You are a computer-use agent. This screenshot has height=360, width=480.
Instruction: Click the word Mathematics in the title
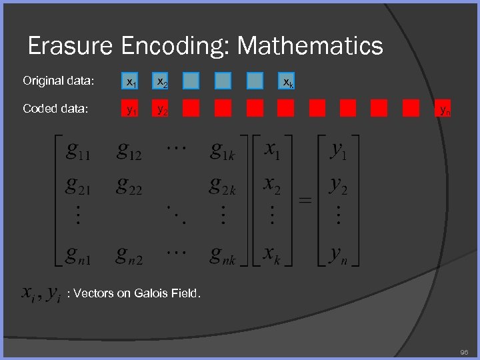(310, 46)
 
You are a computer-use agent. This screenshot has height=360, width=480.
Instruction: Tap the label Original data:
(58, 81)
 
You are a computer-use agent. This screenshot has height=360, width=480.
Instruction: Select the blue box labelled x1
(130, 81)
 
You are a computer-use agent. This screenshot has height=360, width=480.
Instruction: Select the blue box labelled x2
(161, 81)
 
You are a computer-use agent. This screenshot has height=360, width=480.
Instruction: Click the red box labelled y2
(161, 109)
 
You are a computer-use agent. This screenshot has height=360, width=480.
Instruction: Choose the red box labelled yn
(443, 109)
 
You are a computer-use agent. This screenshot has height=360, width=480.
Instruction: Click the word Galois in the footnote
(151, 293)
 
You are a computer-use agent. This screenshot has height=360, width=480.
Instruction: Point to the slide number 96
(465, 351)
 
